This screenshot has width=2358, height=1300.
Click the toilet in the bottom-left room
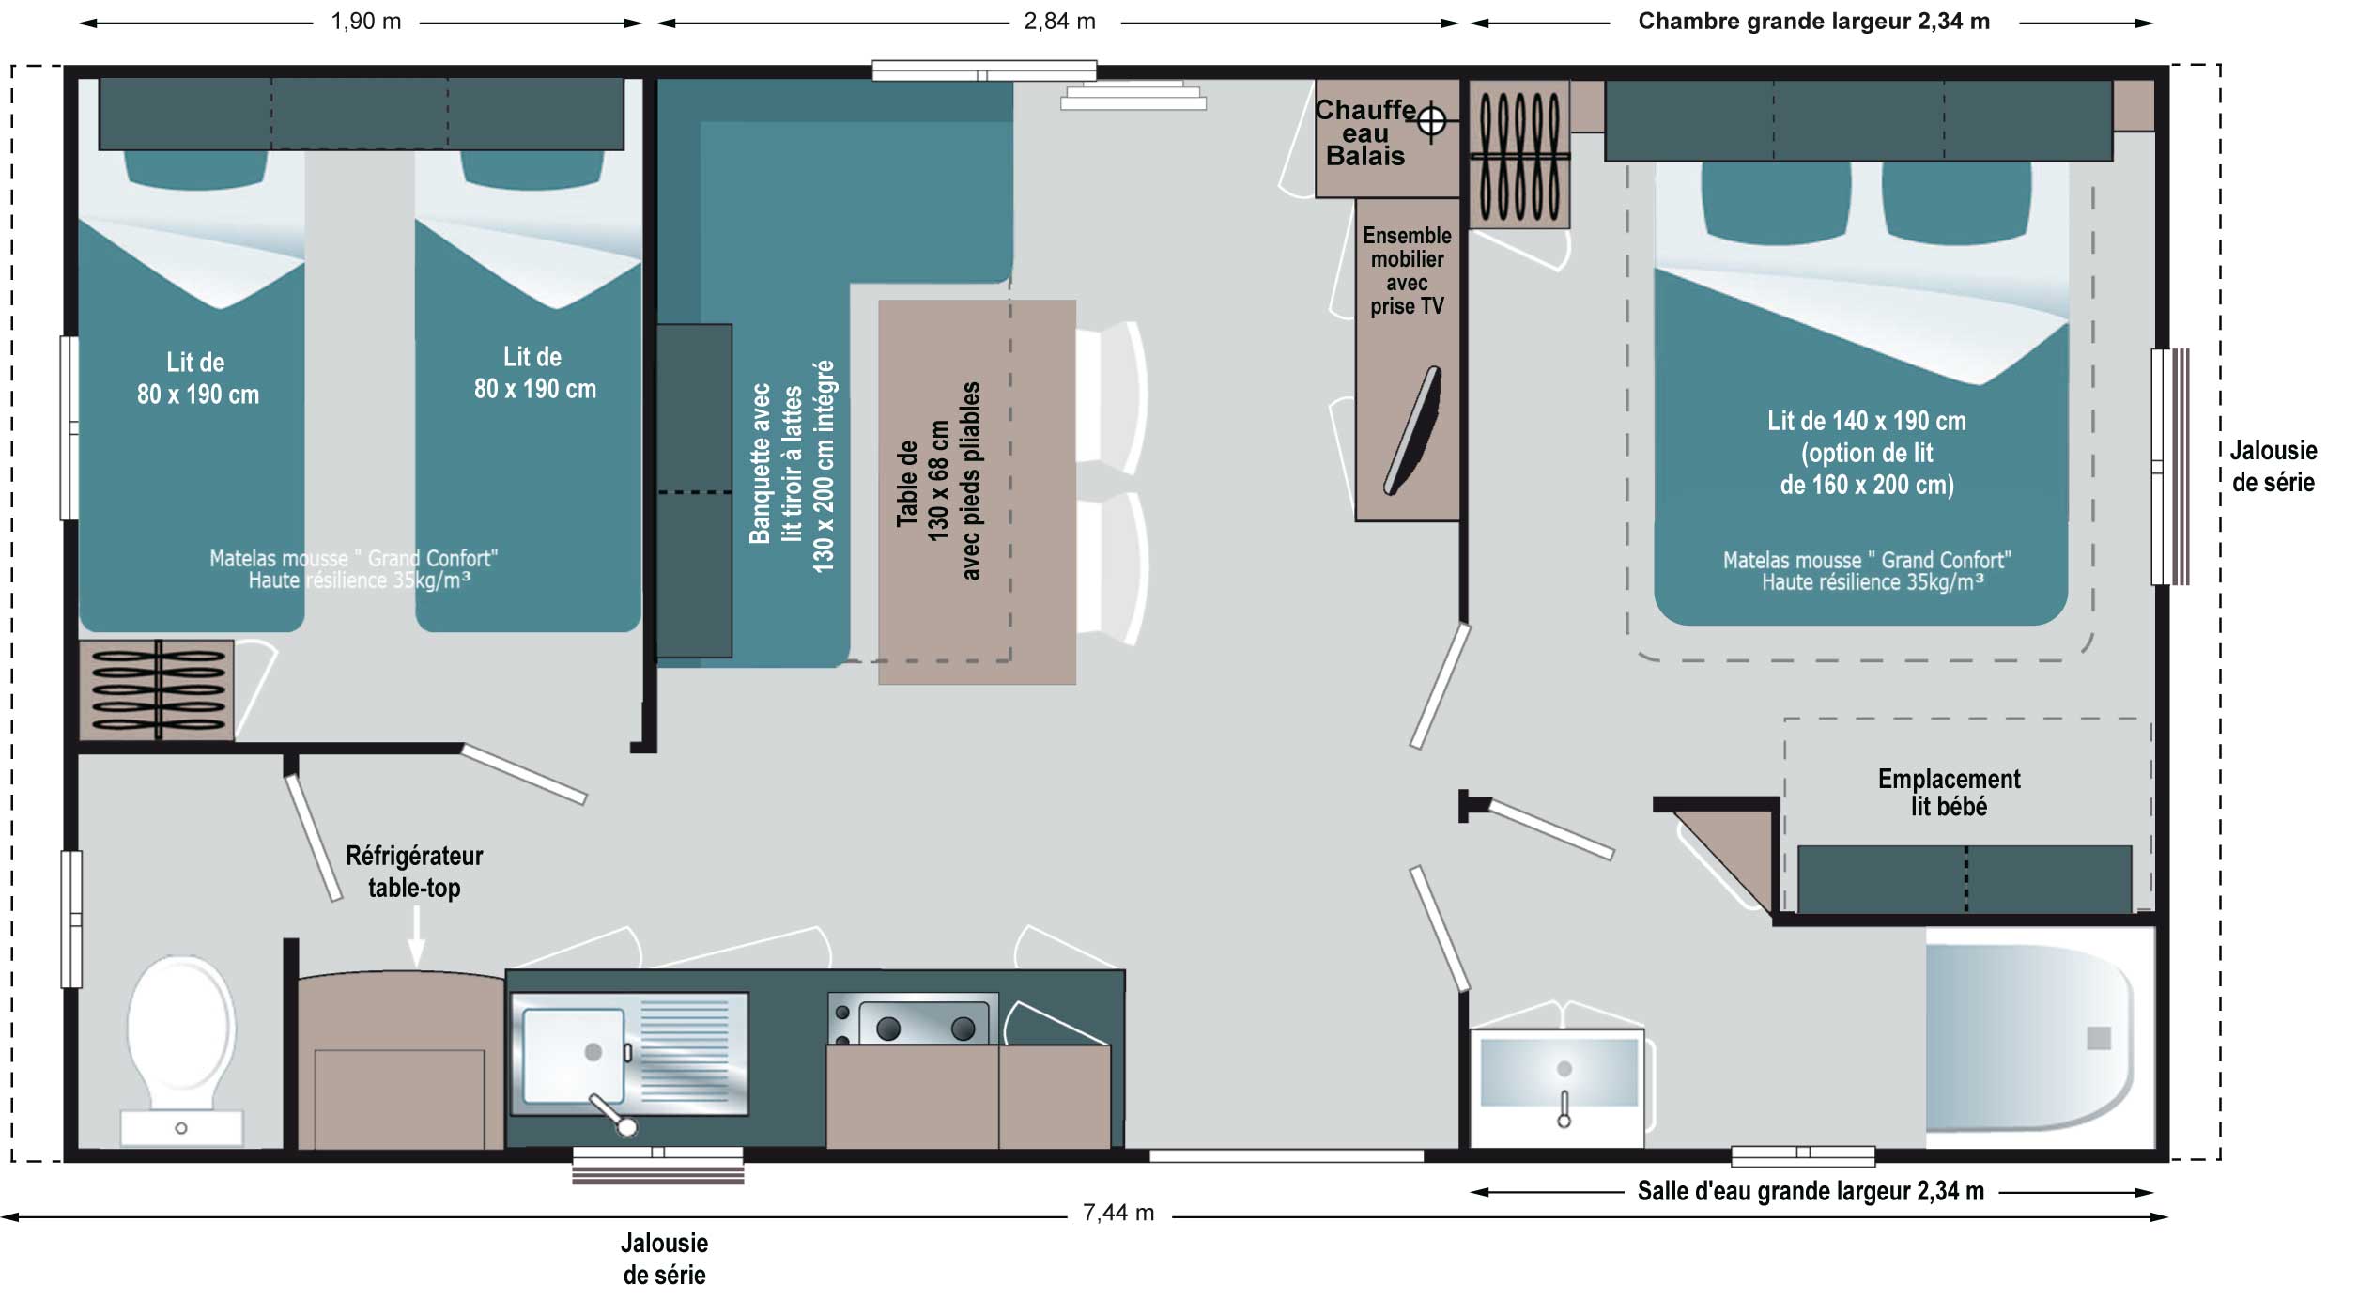pyautogui.click(x=181, y=1043)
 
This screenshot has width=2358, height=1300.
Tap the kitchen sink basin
pyautogui.click(x=573, y=1055)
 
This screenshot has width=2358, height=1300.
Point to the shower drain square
pyautogui.click(x=2099, y=1038)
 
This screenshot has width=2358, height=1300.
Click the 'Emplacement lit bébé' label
pyautogui.click(x=1949, y=793)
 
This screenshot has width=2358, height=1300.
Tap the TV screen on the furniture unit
pyautogui.click(x=1411, y=430)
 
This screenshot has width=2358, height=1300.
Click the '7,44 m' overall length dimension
pyautogui.click(x=1117, y=1213)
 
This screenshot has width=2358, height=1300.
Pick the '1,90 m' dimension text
pyautogui.click(x=365, y=22)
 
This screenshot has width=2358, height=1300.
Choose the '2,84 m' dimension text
pyautogui.click(x=1059, y=22)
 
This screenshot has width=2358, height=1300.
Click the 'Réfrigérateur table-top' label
pyautogui.click(x=414, y=871)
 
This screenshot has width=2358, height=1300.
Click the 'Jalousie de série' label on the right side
pyautogui.click(x=2273, y=466)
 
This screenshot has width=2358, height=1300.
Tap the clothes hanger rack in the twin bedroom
pyautogui.click(x=156, y=690)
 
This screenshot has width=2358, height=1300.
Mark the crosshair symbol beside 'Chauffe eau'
pyautogui.click(x=1431, y=121)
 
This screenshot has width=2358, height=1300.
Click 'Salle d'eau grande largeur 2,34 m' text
pyautogui.click(x=1810, y=1191)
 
